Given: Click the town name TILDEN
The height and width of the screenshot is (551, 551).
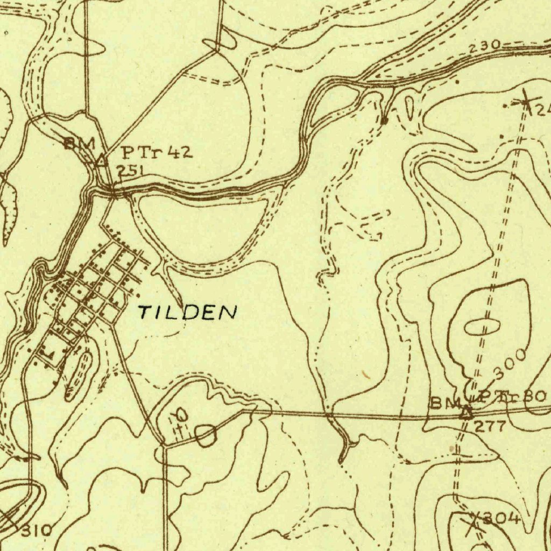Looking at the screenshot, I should click(187, 312).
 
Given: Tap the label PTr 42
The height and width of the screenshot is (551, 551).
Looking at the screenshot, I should click(156, 153).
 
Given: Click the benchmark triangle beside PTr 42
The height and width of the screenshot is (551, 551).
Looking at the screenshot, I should click(101, 160).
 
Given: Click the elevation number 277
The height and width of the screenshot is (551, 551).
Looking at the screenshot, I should click(490, 427).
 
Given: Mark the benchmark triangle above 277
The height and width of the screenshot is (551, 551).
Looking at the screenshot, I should click(467, 413).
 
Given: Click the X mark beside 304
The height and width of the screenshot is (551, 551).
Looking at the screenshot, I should click(473, 522).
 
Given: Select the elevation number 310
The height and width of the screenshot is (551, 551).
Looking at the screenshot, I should click(37, 531).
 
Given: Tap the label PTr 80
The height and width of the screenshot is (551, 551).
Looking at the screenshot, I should click(512, 398).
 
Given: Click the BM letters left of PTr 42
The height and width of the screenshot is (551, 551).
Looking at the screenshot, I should click(79, 144).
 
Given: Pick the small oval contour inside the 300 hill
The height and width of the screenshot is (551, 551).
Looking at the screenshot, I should click(480, 327).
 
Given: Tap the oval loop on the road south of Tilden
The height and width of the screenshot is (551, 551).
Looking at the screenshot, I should click(206, 435).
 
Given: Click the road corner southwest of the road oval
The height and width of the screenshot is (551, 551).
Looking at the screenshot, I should click(163, 445).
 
